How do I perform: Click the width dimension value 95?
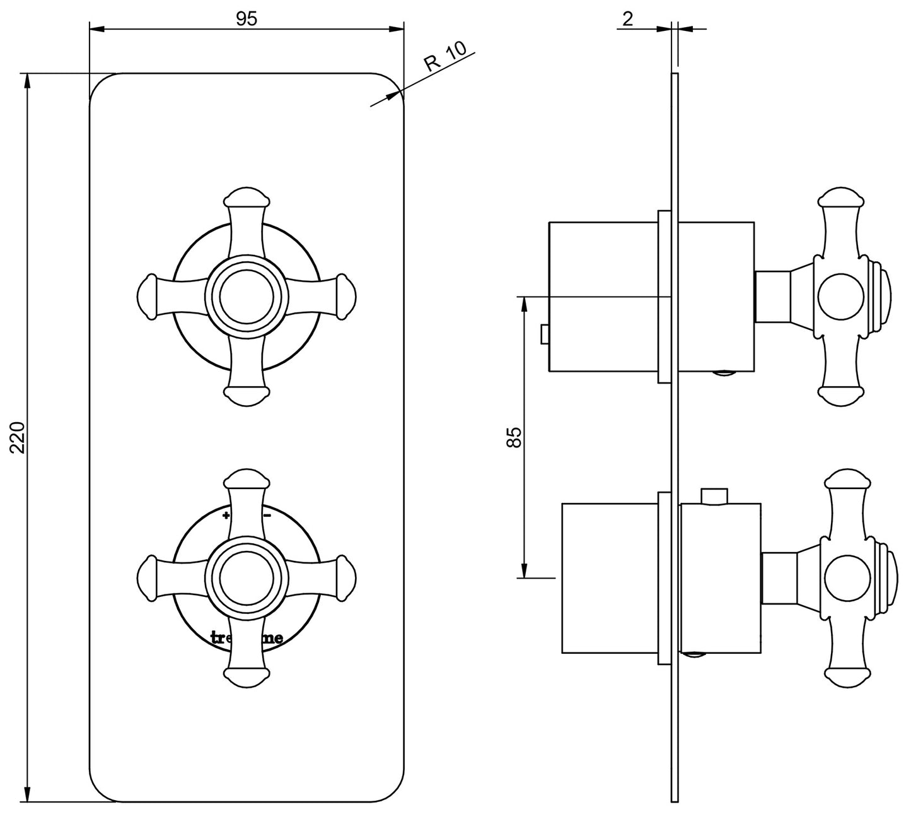click(247, 18)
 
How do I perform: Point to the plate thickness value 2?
click(627, 18)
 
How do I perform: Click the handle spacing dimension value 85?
click(514, 437)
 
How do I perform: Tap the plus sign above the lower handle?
click(226, 516)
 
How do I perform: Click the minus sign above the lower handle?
click(267, 516)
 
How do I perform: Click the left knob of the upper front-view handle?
click(148, 295)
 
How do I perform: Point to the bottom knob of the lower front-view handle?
click(246, 675)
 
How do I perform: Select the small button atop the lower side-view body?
click(714, 497)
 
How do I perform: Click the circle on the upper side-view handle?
click(839, 296)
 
